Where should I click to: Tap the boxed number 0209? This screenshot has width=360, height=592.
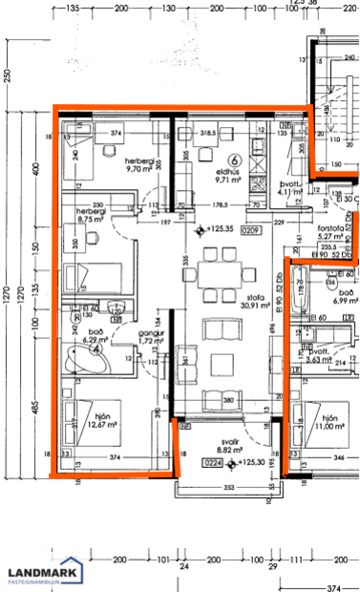click(251, 230)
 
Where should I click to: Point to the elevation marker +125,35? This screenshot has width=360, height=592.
click(220, 230)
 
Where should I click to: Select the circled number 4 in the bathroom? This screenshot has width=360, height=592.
click(97, 349)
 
